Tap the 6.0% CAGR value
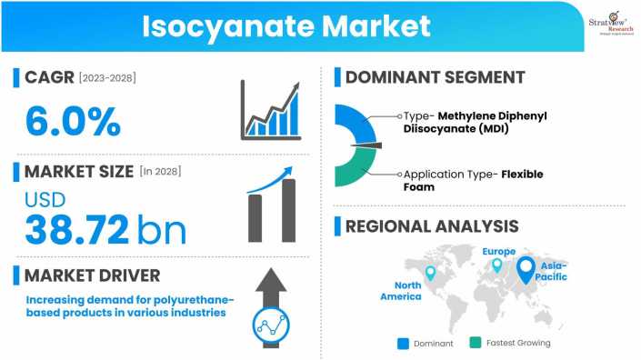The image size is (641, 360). [x=72, y=120]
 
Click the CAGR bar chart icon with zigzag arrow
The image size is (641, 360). [x=270, y=111]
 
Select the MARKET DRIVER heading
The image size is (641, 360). [x=93, y=274]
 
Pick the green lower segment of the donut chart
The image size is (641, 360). [x=355, y=166]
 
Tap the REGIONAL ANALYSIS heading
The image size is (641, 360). [x=431, y=226]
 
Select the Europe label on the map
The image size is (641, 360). [x=499, y=251]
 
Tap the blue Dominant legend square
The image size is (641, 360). [x=403, y=343]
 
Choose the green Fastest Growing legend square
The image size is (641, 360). [x=475, y=343]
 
